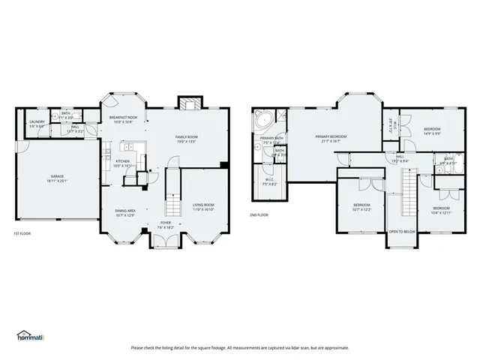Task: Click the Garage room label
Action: (x=53, y=178)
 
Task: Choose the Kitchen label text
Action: (x=122, y=163)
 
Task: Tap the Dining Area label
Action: (x=124, y=213)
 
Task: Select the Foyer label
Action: (x=166, y=224)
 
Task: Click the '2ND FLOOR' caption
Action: (x=259, y=214)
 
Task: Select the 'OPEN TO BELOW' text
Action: (x=402, y=232)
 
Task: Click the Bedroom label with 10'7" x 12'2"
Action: (x=361, y=206)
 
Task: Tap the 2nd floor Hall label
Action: (x=400, y=158)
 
